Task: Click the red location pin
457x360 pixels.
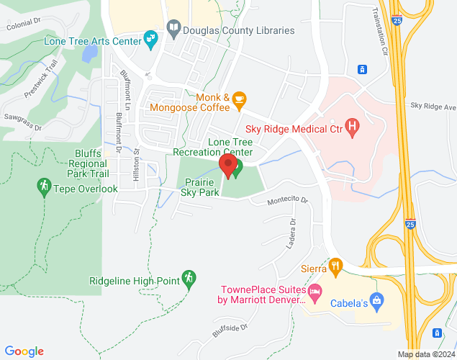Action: coord(229,166)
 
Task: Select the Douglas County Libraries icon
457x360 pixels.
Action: coord(173,30)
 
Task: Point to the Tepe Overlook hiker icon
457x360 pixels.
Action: coord(44,188)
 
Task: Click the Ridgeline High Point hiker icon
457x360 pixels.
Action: coord(189,277)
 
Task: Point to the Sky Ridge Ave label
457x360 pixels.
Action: coord(433,107)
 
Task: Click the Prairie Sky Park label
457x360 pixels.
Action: coord(199,188)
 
